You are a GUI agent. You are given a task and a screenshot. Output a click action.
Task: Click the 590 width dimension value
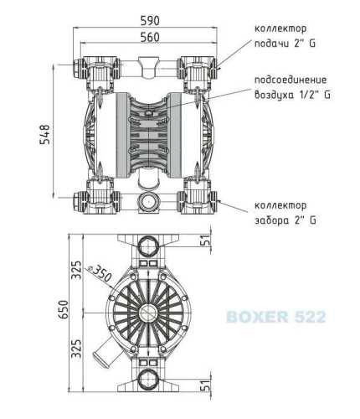(x=150, y=17)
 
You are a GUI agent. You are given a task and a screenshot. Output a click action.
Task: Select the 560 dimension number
(x=150, y=36)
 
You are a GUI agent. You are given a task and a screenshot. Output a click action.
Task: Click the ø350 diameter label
(x=102, y=274)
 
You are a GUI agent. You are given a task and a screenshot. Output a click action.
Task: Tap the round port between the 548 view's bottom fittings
(x=151, y=201)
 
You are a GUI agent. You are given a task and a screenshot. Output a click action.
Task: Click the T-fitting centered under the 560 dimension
(x=151, y=64)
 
